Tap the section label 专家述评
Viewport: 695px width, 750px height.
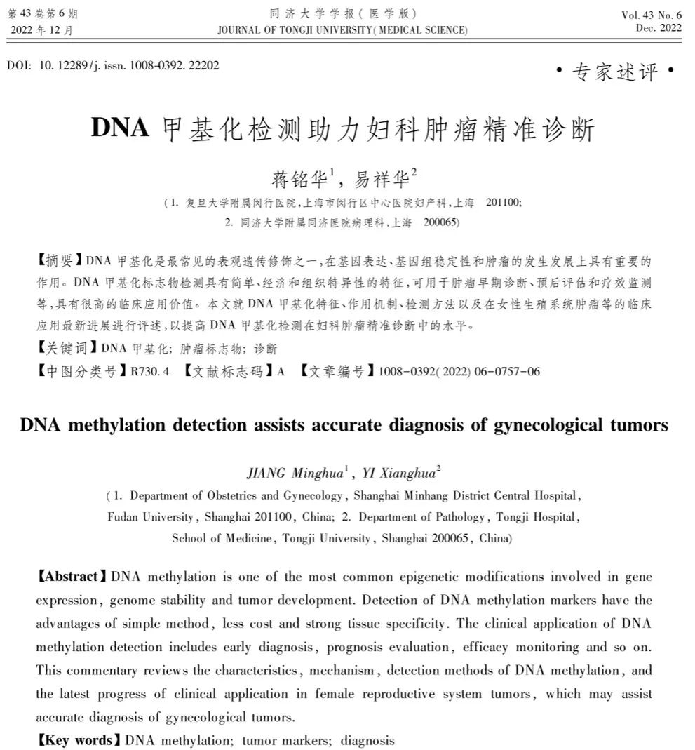coord(615,72)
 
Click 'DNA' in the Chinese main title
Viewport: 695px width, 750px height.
coord(120,128)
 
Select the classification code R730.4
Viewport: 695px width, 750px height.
coord(150,371)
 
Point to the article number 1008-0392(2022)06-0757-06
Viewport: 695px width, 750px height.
coord(459,371)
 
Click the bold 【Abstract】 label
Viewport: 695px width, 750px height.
coord(72,577)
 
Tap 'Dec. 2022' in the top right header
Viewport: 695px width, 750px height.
coord(659,28)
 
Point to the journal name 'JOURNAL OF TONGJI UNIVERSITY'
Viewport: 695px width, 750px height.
coord(294,29)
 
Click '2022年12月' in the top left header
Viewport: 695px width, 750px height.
coord(41,29)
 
